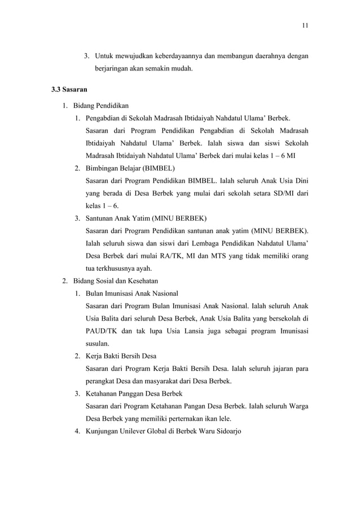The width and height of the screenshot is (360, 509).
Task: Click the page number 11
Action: (305, 25)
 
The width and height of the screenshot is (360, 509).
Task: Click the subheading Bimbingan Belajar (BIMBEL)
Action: (130, 168)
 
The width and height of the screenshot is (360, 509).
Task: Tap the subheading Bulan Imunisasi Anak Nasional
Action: (131, 293)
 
